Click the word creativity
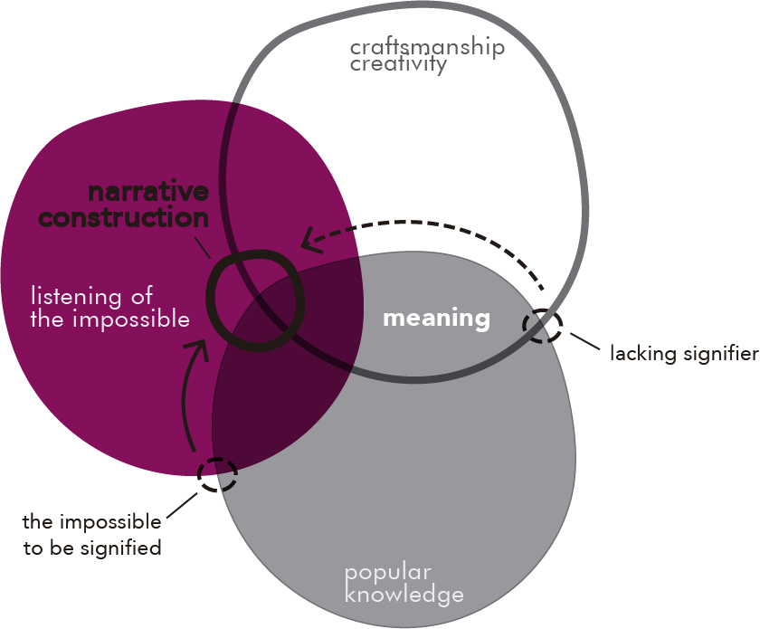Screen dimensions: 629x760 [x=398, y=65]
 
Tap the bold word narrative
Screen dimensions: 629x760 [x=148, y=192]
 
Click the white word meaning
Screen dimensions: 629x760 [x=436, y=319]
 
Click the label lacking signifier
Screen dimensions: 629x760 [x=683, y=353]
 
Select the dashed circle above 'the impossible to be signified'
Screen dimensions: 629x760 [x=217, y=473]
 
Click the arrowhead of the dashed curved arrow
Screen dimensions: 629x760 [x=309, y=241]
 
